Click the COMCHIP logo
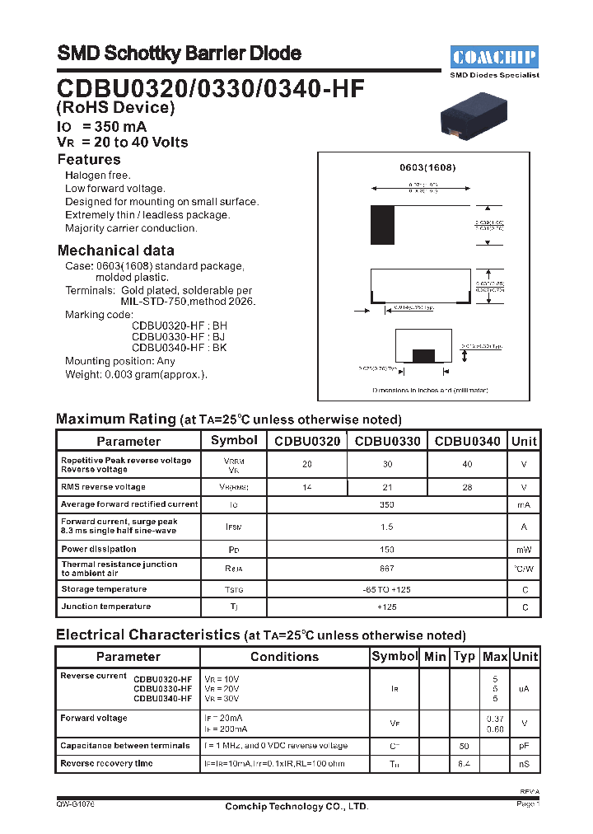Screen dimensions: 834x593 [494, 57]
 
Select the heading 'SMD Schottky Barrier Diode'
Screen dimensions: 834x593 [179, 54]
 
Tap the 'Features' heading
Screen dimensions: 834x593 [89, 160]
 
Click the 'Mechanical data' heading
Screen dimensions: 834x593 [115, 251]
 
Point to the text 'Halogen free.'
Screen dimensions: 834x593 [98, 176]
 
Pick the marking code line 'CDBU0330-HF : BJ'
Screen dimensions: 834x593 [179, 336]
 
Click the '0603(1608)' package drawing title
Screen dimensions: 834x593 [427, 167]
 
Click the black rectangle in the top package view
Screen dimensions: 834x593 [381, 225]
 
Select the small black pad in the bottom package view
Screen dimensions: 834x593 [423, 355]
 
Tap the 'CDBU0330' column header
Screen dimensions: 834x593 [387, 441]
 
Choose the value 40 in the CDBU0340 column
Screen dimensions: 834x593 [467, 464]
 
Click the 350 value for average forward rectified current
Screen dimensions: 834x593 [387, 504]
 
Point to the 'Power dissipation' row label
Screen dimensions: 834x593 [99, 549]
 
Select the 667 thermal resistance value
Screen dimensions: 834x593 [387, 569]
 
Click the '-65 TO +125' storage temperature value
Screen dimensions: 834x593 [387, 589]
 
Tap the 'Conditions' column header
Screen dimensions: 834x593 [284, 657]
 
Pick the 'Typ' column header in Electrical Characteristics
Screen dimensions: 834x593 [465, 657]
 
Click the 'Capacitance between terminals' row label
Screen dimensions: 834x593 [125, 746]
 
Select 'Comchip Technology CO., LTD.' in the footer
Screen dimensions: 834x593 [296, 807]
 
